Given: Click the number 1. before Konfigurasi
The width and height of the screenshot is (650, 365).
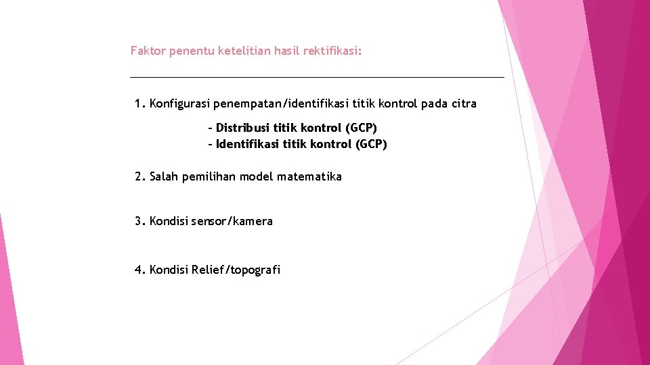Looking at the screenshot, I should (x=140, y=103).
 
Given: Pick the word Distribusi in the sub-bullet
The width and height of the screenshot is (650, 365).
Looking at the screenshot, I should (x=242, y=128).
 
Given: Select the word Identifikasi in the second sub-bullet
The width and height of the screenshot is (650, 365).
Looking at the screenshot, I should (x=247, y=144).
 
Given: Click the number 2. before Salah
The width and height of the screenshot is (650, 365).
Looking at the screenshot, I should (x=140, y=176).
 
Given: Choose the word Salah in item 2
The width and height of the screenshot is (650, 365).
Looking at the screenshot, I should (x=163, y=176).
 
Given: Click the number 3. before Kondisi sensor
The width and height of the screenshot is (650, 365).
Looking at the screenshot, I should (x=140, y=221).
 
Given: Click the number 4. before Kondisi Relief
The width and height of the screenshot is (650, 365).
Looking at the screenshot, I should (x=140, y=270).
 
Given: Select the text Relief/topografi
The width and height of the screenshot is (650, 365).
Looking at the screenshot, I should (x=236, y=270).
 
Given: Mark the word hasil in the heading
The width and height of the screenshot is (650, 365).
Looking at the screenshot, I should (x=287, y=51).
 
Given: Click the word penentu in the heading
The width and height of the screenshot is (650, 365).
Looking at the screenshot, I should (x=192, y=51).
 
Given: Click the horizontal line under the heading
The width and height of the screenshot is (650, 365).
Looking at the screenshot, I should (x=317, y=77).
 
